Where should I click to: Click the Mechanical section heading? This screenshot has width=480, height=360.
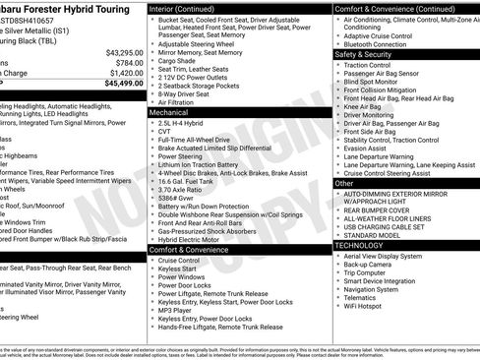click(169, 113)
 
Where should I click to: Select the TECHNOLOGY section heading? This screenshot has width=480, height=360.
click(367, 245)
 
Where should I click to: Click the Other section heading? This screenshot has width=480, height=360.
click(344, 183)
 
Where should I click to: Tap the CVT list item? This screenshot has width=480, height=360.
click(165, 132)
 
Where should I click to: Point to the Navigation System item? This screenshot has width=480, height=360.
click(372, 289)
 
